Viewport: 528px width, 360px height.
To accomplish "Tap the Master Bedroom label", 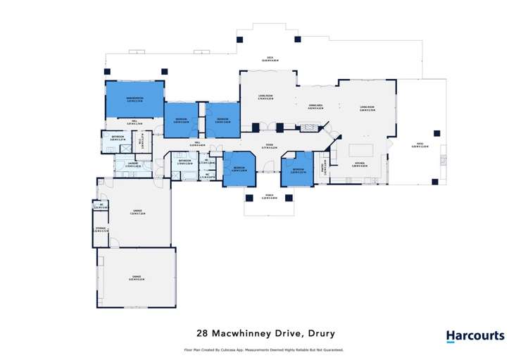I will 134,99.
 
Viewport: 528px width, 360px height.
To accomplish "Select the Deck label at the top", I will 269,58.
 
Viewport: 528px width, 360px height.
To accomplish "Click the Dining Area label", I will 315,107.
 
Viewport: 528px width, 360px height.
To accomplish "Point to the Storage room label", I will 100,230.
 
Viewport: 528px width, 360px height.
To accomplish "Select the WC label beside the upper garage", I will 101,206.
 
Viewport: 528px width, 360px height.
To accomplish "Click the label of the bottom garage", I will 136,278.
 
